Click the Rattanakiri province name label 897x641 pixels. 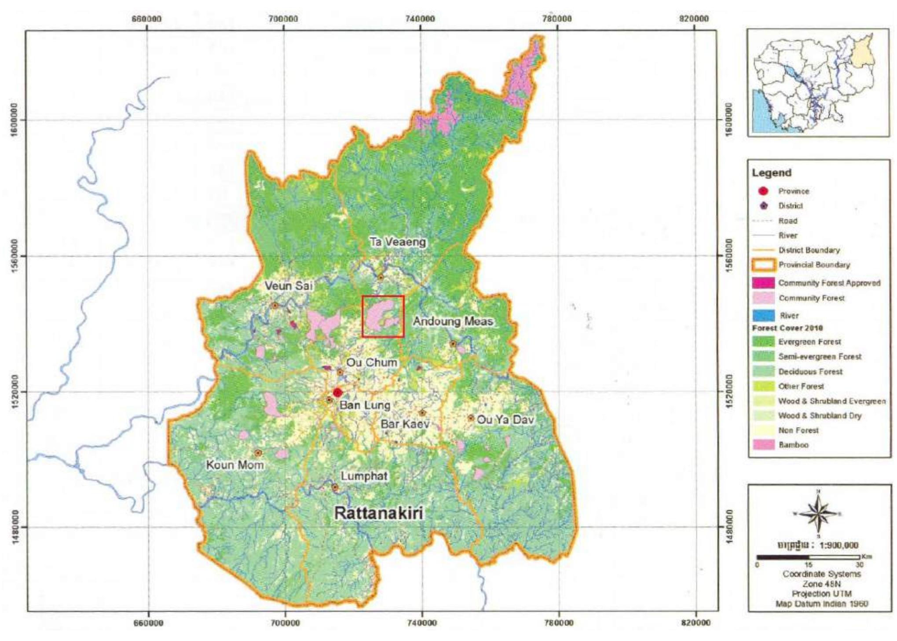tap(379, 513)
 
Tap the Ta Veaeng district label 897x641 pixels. tap(398, 242)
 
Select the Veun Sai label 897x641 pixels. tap(289, 286)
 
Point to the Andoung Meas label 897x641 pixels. tap(453, 321)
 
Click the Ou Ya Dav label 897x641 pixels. tap(505, 420)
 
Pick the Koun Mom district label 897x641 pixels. tap(235, 465)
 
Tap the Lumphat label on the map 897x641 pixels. tap(364, 476)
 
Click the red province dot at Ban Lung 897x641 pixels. tap(337, 393)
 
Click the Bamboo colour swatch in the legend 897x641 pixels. tap(764, 445)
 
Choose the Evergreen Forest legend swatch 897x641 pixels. tap(764, 342)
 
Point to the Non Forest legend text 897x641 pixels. tap(798, 430)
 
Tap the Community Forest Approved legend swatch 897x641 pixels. tap(764, 283)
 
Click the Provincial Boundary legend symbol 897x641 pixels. tap(764, 265)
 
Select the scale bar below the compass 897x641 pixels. tap(808, 557)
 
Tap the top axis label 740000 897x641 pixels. tap(421, 19)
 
